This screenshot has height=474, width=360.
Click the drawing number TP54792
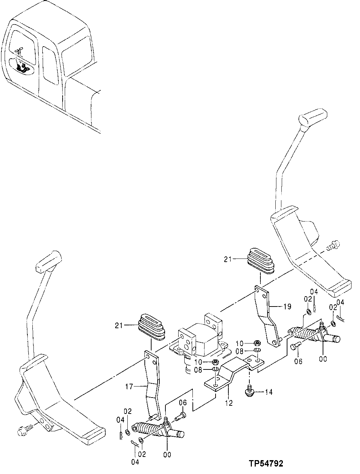click(x=266, y=463)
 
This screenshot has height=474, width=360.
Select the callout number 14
click(x=269, y=392)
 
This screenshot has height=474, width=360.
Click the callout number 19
click(x=288, y=305)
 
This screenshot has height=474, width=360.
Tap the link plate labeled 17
click(x=150, y=384)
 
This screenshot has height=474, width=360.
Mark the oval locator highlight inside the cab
click(x=21, y=66)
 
